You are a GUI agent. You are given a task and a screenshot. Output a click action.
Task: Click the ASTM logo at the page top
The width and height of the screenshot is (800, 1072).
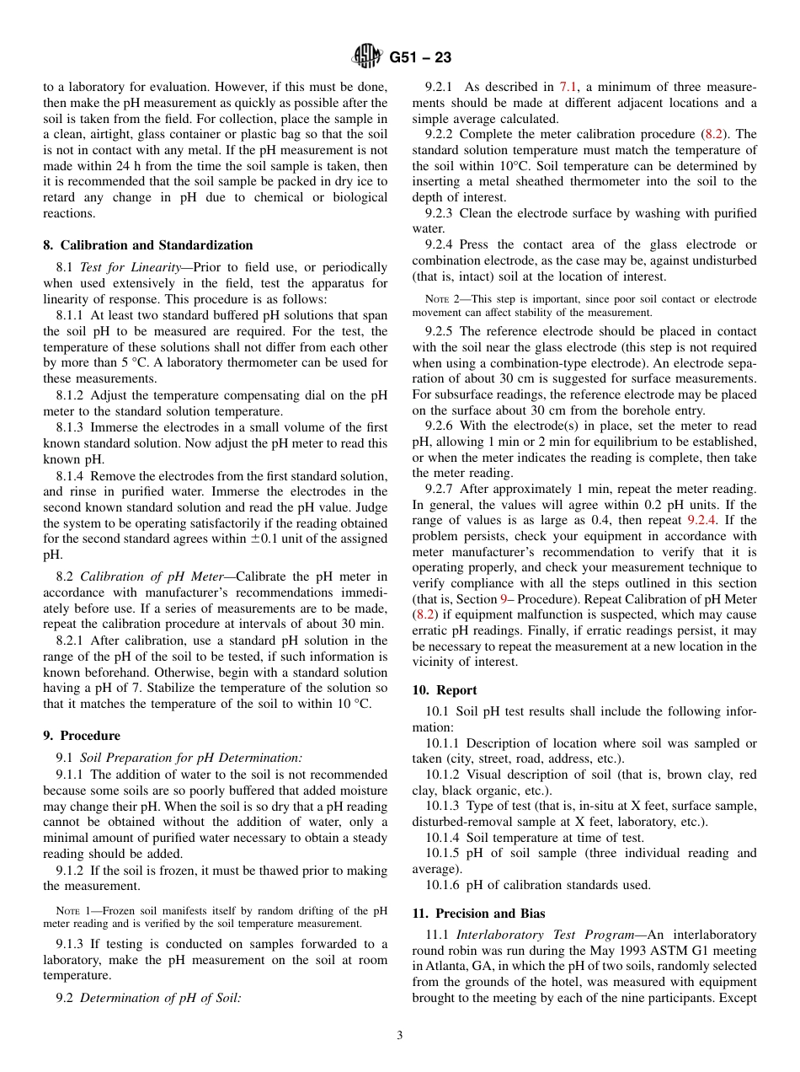click(x=366, y=57)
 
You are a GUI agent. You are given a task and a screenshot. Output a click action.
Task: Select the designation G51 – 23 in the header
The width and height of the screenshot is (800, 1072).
click(x=420, y=58)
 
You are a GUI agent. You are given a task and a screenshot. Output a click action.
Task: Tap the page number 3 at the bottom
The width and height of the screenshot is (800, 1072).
click(x=400, y=1036)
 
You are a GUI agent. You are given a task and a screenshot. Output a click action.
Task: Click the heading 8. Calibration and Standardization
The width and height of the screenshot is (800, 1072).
click(x=148, y=245)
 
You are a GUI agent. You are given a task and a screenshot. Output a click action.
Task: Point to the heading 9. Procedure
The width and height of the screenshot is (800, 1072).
click(x=82, y=736)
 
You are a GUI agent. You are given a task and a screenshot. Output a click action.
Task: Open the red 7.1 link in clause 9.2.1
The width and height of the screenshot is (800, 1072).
click(x=568, y=87)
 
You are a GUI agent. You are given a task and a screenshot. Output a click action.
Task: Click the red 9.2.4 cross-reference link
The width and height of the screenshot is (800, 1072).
click(x=701, y=520)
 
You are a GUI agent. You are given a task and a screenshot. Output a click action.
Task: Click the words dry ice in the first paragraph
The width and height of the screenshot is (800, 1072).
click(x=349, y=181)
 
